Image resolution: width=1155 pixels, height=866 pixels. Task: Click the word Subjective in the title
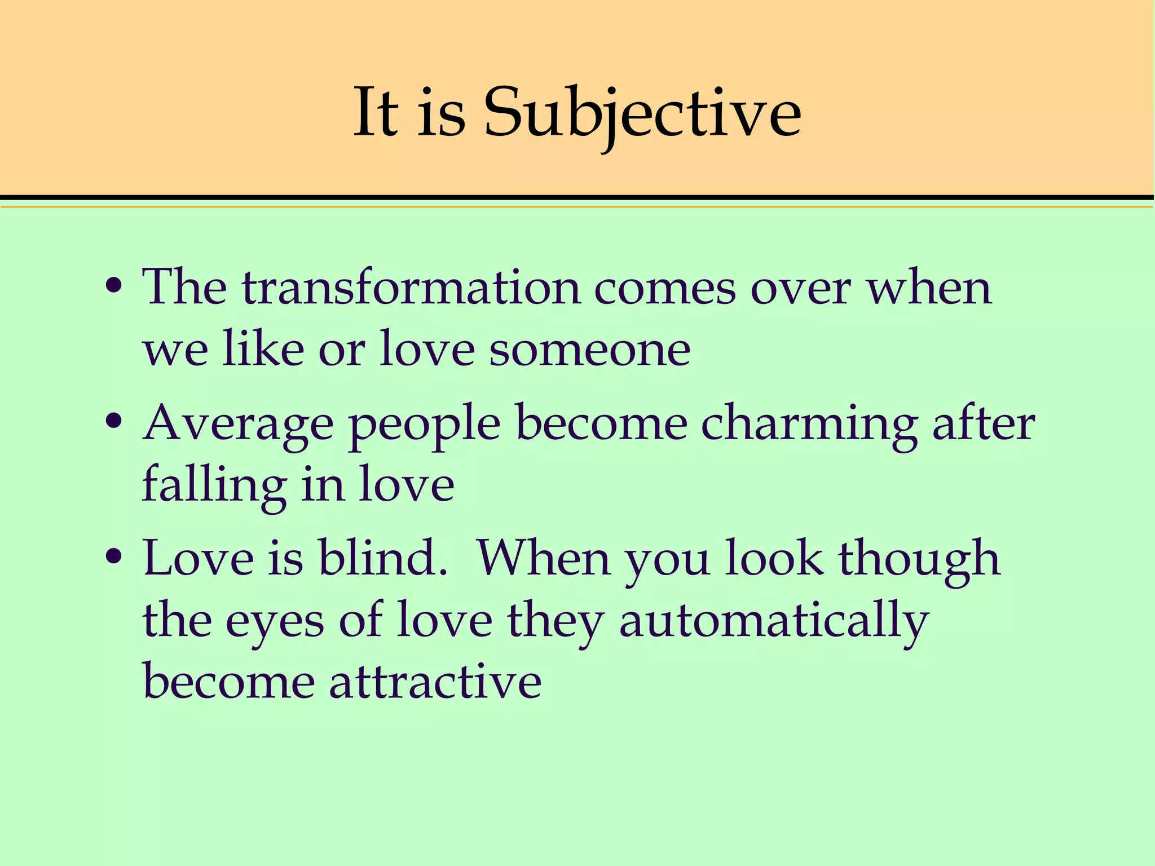point(642,113)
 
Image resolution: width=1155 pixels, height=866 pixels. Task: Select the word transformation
point(411,287)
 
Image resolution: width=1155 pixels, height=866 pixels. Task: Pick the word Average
point(239,425)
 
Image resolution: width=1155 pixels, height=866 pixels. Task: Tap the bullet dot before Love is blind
point(114,556)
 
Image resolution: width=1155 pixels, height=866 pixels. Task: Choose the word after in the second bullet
point(984,423)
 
